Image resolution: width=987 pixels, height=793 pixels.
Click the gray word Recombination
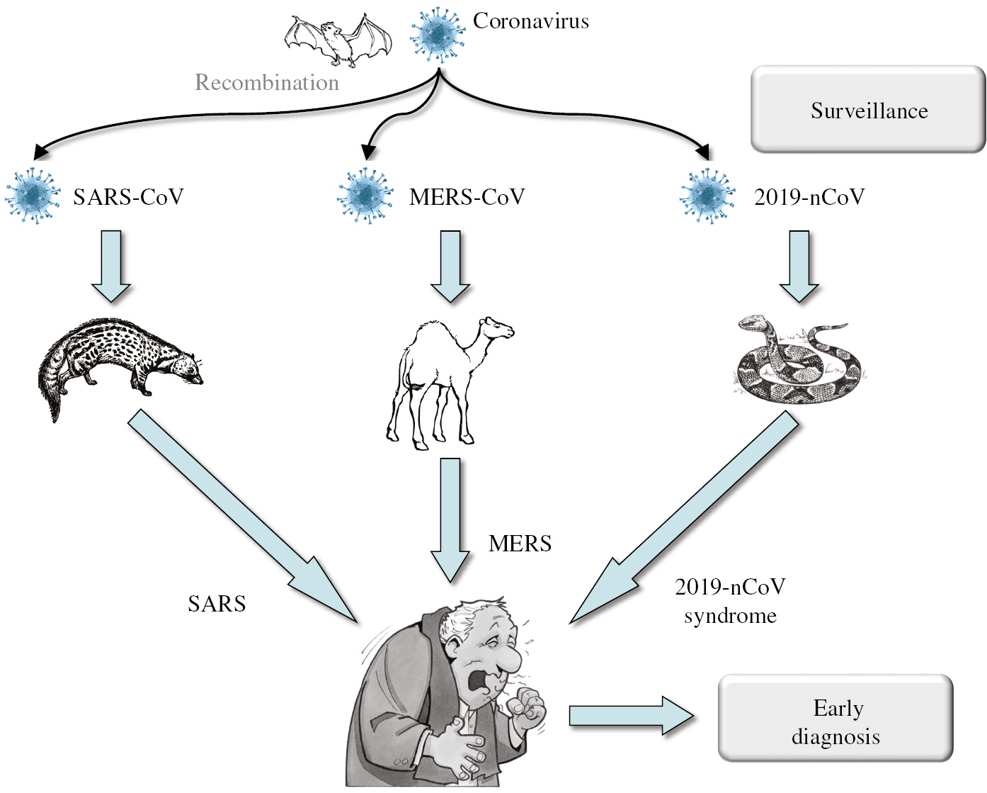click(x=267, y=83)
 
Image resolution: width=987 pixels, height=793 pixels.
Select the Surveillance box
click(x=868, y=110)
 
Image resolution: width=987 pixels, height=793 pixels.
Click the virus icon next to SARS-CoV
click(x=33, y=196)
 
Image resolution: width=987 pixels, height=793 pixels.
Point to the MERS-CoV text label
click(x=467, y=197)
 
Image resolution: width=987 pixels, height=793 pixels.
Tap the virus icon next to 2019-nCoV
click(x=707, y=196)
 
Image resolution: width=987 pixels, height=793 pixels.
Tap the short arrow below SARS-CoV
click(x=111, y=266)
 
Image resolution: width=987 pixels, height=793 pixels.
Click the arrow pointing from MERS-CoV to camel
click(x=450, y=266)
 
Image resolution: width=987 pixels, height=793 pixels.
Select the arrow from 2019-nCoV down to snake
click(x=799, y=266)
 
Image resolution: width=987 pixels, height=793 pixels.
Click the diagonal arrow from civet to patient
click(x=241, y=517)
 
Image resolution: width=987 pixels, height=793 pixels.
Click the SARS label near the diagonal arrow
click(x=217, y=604)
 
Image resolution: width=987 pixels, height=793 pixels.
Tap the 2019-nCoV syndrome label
click(x=730, y=601)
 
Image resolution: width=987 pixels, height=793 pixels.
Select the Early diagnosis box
click(x=835, y=719)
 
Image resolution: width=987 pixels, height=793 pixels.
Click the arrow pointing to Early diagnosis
click(x=630, y=716)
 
